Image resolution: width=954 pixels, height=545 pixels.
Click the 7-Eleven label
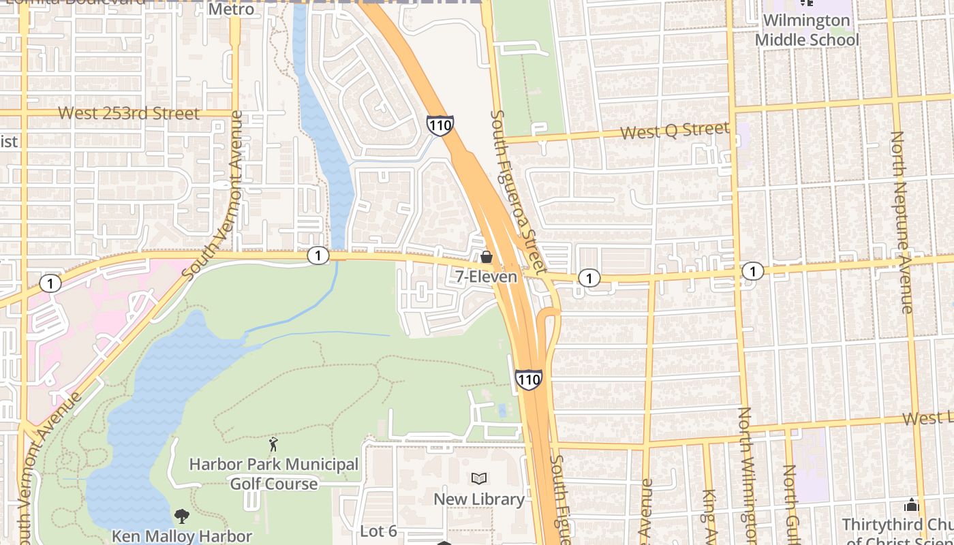pos(486,277)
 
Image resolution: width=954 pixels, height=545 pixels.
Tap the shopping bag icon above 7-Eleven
pos(487,258)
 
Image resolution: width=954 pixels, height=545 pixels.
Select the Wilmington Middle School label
pos(807,30)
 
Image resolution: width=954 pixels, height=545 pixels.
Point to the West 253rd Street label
pos(129,113)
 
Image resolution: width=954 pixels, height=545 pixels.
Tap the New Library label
pos(479,499)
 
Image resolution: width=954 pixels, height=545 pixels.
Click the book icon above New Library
pos(479,478)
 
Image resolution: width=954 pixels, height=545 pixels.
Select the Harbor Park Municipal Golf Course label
pos(274,473)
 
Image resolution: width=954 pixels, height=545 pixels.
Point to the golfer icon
pos(273,445)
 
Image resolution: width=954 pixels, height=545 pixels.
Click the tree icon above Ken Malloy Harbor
pos(181,516)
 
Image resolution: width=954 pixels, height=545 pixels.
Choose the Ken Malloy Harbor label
pos(182,536)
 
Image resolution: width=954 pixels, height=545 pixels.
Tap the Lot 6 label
pos(378,531)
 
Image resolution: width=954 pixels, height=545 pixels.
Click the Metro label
pos(231,10)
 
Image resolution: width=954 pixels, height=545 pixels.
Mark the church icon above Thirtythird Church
pos(911,505)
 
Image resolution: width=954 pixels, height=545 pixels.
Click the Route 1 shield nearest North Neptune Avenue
pos(752,271)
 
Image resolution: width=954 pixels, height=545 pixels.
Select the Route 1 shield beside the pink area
pos(50,283)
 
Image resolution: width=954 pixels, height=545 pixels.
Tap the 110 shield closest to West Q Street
pos(440,125)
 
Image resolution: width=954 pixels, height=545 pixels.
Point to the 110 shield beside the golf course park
pos(529,379)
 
